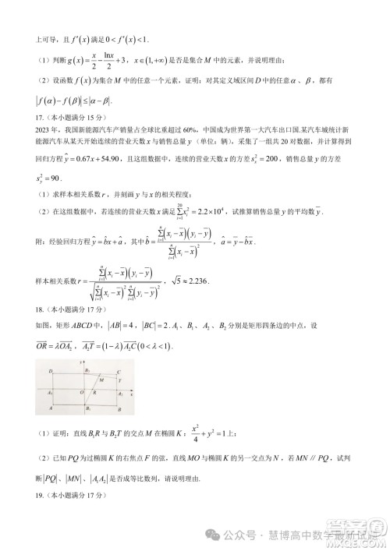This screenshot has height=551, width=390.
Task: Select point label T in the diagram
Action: point(119,381)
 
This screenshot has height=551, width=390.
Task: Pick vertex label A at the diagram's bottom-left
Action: point(50,408)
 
